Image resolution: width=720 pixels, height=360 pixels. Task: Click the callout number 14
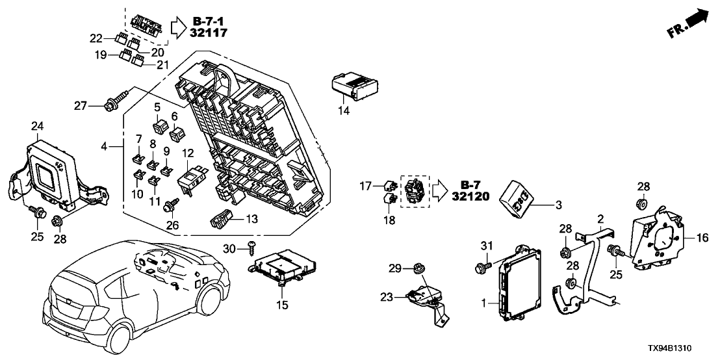click(x=344, y=111)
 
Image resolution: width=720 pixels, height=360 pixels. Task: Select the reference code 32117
click(x=210, y=32)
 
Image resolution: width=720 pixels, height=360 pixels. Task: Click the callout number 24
click(x=37, y=126)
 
